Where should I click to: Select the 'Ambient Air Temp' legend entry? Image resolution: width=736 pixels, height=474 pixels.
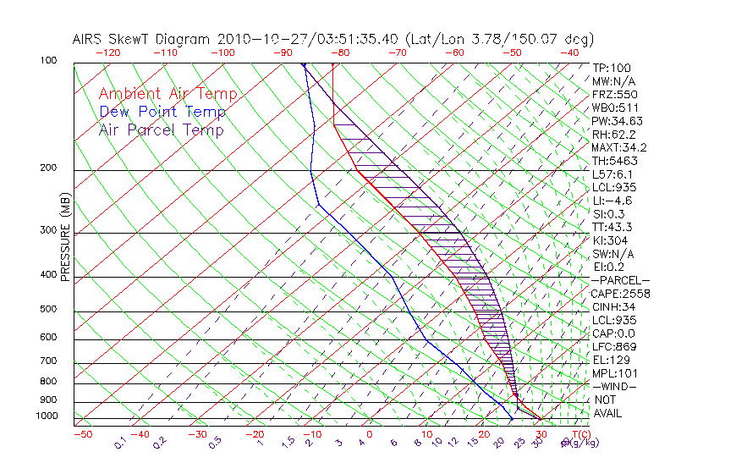point(168,94)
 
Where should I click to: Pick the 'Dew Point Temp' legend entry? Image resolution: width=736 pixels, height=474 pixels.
point(162,112)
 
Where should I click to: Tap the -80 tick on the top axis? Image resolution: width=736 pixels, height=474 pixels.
point(340,52)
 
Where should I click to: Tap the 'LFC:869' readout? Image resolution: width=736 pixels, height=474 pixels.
point(613,346)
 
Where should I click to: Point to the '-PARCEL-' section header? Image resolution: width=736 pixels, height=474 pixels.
point(620,280)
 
